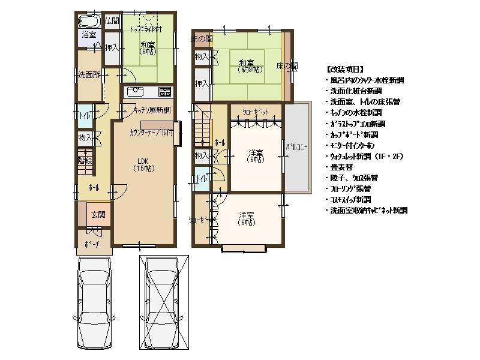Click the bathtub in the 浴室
click(x=89, y=22)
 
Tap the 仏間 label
click(x=112, y=21)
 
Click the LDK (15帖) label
click(x=142, y=164)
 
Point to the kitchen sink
click(x=135, y=92)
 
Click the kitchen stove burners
click(x=164, y=92)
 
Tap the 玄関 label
click(x=98, y=215)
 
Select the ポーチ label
click(x=92, y=245)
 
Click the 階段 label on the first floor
click(x=85, y=160)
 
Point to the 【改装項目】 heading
click(x=345, y=69)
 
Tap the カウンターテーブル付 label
click(x=151, y=133)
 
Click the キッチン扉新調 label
click(x=152, y=110)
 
